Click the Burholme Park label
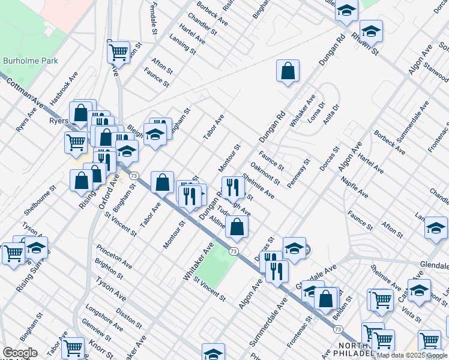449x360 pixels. tap(25, 61)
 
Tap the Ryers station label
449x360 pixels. tap(58, 121)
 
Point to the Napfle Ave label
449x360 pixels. tap(354, 187)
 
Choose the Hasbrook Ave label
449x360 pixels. tap(64, 88)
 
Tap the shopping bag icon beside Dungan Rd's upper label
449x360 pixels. tap(288, 71)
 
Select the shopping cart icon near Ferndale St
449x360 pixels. tap(119, 52)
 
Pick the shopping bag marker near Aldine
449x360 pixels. tap(238, 227)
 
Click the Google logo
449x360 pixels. tap(20, 353)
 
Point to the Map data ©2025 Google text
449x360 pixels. tap(412, 355)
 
